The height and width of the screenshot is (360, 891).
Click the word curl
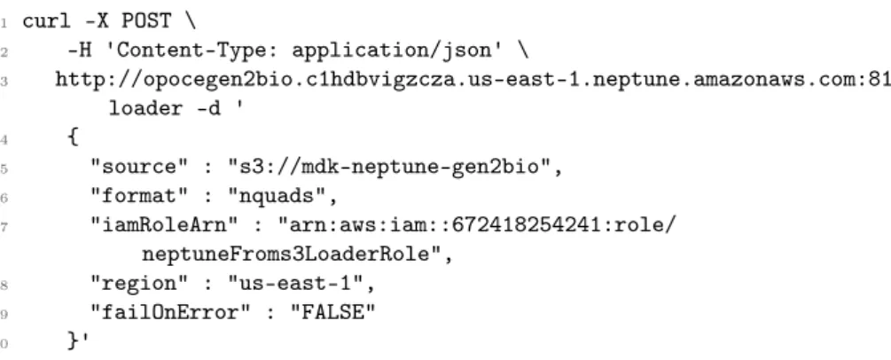click(x=47, y=22)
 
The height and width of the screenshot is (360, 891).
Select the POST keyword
click(x=146, y=22)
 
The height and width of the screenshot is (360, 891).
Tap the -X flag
click(x=96, y=22)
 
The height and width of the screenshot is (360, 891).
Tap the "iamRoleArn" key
click(x=166, y=226)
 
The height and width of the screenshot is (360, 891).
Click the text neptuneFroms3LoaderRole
click(x=285, y=254)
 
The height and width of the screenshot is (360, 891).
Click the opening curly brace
click(x=73, y=137)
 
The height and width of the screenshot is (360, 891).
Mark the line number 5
click(x=4, y=168)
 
